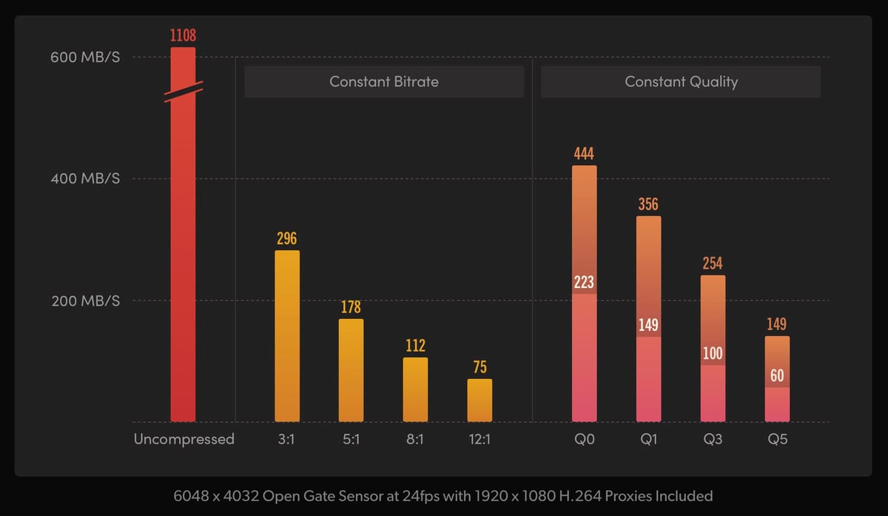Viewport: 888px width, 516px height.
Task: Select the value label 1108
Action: pos(183,35)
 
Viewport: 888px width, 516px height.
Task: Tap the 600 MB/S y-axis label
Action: pos(84,57)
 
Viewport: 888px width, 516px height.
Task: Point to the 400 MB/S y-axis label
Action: pos(84,178)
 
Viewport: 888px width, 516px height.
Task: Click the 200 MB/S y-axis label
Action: pos(84,301)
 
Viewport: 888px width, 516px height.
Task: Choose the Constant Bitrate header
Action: pos(383,81)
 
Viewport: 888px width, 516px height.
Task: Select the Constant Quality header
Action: pos(681,81)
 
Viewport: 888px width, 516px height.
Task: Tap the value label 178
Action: pos(351,306)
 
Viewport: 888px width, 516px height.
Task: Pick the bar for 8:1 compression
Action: pos(415,389)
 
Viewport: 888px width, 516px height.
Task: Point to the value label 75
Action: pos(480,367)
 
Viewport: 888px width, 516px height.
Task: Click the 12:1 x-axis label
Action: pos(480,439)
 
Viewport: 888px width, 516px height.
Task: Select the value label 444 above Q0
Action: pos(584,154)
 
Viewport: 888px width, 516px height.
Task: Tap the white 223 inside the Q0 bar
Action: pos(584,282)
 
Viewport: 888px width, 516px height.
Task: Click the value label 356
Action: pos(648,204)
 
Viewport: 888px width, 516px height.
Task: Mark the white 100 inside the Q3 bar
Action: pos(713,353)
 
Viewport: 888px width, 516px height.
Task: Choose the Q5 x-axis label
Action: pos(777,439)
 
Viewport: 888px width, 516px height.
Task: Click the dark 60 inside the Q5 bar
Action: pos(777,376)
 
